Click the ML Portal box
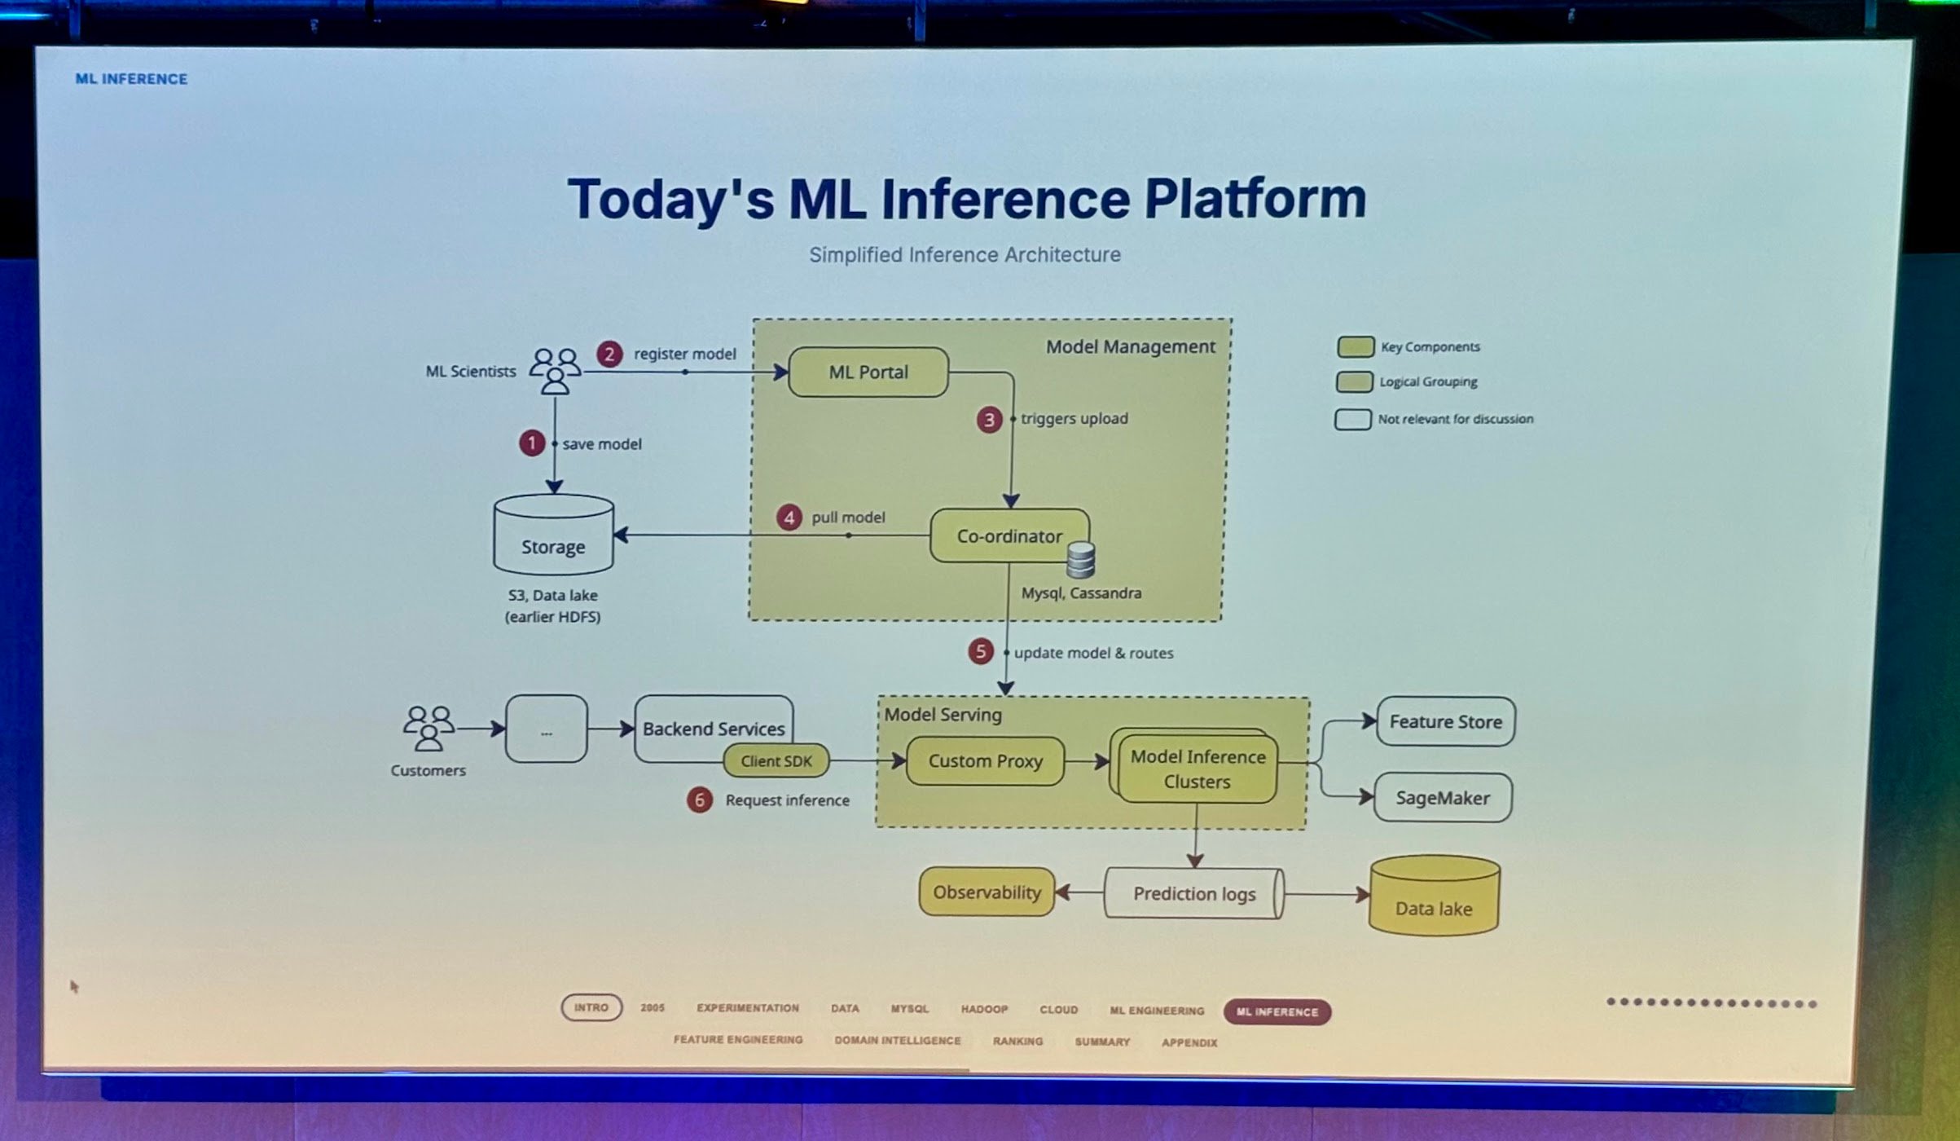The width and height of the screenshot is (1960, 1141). [x=868, y=372]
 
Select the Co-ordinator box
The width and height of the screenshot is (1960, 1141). [x=1009, y=536]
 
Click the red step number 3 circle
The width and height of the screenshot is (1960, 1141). [x=989, y=420]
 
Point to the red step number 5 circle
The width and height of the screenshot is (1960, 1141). [x=980, y=651]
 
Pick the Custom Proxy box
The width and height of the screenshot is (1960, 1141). [x=985, y=761]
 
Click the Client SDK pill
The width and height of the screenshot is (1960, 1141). [x=776, y=761]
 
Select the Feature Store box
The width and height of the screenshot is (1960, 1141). [x=1445, y=722]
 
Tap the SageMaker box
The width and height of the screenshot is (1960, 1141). [x=1443, y=798]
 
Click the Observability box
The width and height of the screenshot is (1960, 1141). [x=987, y=892]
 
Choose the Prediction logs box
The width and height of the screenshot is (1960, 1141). [x=1194, y=894]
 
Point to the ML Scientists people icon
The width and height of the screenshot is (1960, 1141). [x=555, y=371]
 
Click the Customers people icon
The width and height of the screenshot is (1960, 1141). [x=428, y=728]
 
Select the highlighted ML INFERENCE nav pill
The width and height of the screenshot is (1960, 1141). [x=1277, y=1011]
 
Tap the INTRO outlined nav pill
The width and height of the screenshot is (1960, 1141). [x=591, y=1007]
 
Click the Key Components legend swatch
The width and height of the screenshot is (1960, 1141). [x=1356, y=347]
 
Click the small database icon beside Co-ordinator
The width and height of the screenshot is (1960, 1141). [x=1081, y=560]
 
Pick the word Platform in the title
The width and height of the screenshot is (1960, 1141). [x=1255, y=199]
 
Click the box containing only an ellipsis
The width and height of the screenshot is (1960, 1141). [x=546, y=729]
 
